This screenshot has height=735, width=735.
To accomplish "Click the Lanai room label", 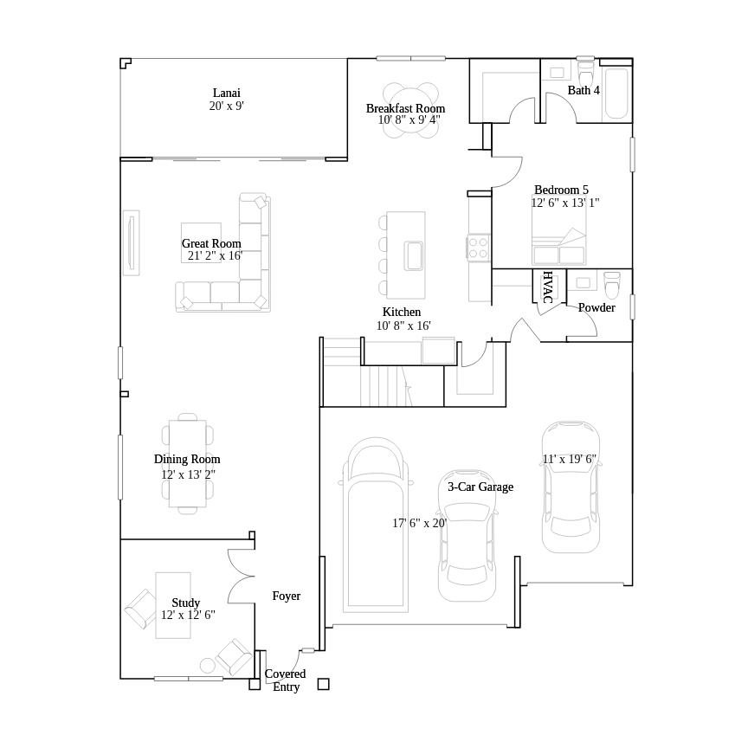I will (x=226, y=93).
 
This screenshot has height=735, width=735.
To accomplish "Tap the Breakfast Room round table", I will (x=411, y=111).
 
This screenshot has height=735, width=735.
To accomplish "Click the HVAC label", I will (x=547, y=287).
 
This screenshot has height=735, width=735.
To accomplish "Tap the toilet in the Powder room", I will (x=612, y=285).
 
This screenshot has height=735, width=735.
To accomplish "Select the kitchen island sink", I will (x=414, y=256).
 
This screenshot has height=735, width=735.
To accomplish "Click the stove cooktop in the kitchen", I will (x=479, y=248).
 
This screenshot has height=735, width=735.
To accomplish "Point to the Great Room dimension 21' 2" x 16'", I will (x=215, y=255).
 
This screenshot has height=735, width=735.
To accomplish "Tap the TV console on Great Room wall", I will (x=131, y=242).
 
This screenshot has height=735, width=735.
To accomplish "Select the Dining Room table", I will (x=187, y=463).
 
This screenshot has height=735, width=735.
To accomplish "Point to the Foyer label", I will (x=287, y=596).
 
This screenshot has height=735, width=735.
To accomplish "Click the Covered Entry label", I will (x=286, y=680).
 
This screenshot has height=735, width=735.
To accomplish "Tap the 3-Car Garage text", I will (x=480, y=487).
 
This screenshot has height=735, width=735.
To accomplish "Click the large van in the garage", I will (x=375, y=528).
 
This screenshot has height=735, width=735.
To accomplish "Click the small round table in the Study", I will (x=208, y=665).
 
